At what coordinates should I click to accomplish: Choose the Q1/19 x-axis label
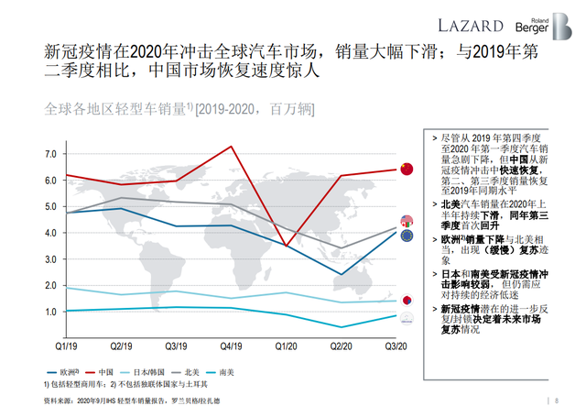pyautogui.click(x=65, y=346)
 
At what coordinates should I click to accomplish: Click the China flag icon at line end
pyautogui.click(x=407, y=169)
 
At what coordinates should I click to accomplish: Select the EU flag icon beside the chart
pyautogui.click(x=407, y=236)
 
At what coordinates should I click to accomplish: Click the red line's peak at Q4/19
pyautogui.click(x=231, y=147)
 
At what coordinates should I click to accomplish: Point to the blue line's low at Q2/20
pyautogui.click(x=342, y=274)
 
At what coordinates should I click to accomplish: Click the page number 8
pyautogui.click(x=557, y=399)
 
